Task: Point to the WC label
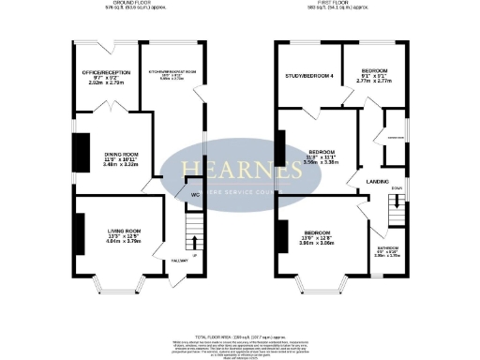[x=195, y=195]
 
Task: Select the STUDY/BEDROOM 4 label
[x=308, y=75]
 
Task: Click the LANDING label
[x=378, y=181]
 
